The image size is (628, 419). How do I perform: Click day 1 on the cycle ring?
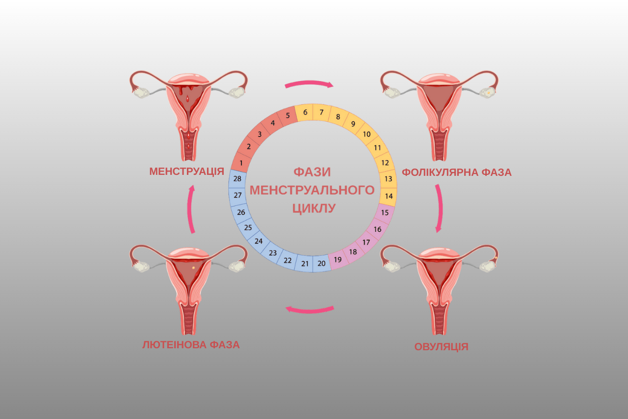click(241, 162)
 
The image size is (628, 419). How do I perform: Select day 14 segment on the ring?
click(389, 196)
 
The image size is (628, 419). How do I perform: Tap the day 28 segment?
click(237, 179)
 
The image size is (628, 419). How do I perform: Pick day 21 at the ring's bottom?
click(305, 264)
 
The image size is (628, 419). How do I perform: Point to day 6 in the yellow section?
click(305, 112)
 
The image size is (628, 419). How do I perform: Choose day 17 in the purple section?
click(366, 242)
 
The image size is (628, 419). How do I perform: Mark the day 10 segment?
click(366, 134)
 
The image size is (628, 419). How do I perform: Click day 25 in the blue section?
click(248, 227)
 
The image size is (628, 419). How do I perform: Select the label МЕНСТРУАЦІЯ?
click(186, 171)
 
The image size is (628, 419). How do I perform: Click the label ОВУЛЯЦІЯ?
click(441, 347)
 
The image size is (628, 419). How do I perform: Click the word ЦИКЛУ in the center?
click(314, 208)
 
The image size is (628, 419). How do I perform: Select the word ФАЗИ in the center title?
click(312, 172)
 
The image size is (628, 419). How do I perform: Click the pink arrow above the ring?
click(309, 84)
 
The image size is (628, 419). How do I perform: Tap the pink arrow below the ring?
click(310, 309)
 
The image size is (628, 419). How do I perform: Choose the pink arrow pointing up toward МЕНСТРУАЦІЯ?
click(191, 209)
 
